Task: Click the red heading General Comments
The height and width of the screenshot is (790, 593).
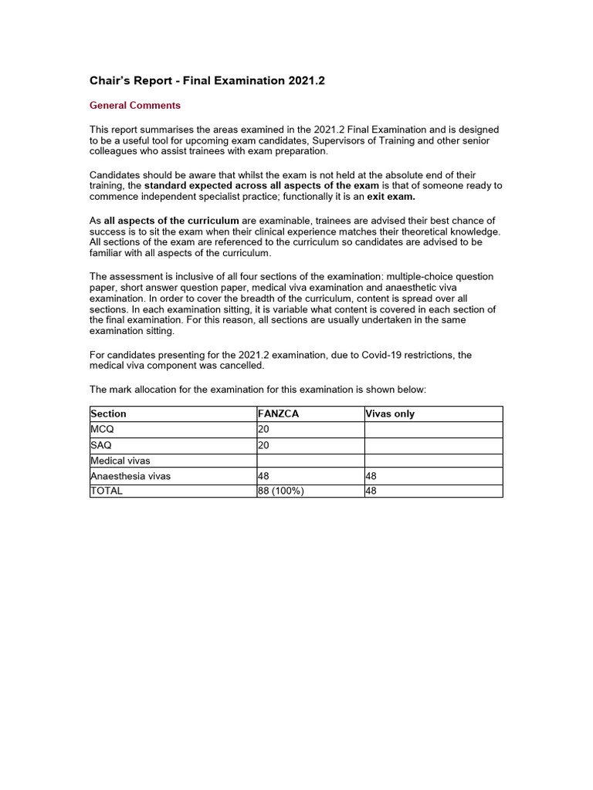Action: [x=135, y=106]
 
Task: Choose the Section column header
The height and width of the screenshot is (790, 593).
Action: [x=108, y=414]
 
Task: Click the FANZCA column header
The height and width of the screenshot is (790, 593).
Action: [x=278, y=414]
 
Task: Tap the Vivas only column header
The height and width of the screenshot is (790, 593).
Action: [x=390, y=414]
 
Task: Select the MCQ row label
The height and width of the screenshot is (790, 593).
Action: [x=101, y=430]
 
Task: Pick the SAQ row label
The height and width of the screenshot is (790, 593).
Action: [x=101, y=445]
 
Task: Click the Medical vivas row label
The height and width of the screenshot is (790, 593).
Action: [x=120, y=461]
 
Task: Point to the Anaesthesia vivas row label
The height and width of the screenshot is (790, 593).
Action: [x=130, y=476]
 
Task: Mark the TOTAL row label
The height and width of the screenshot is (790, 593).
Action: [x=107, y=491]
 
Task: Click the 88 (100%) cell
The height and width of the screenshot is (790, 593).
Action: [x=281, y=491]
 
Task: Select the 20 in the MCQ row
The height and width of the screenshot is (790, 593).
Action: [x=263, y=430]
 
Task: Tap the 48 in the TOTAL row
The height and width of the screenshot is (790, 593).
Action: [x=371, y=491]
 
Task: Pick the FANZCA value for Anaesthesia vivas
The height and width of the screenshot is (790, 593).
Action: [x=263, y=476]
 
